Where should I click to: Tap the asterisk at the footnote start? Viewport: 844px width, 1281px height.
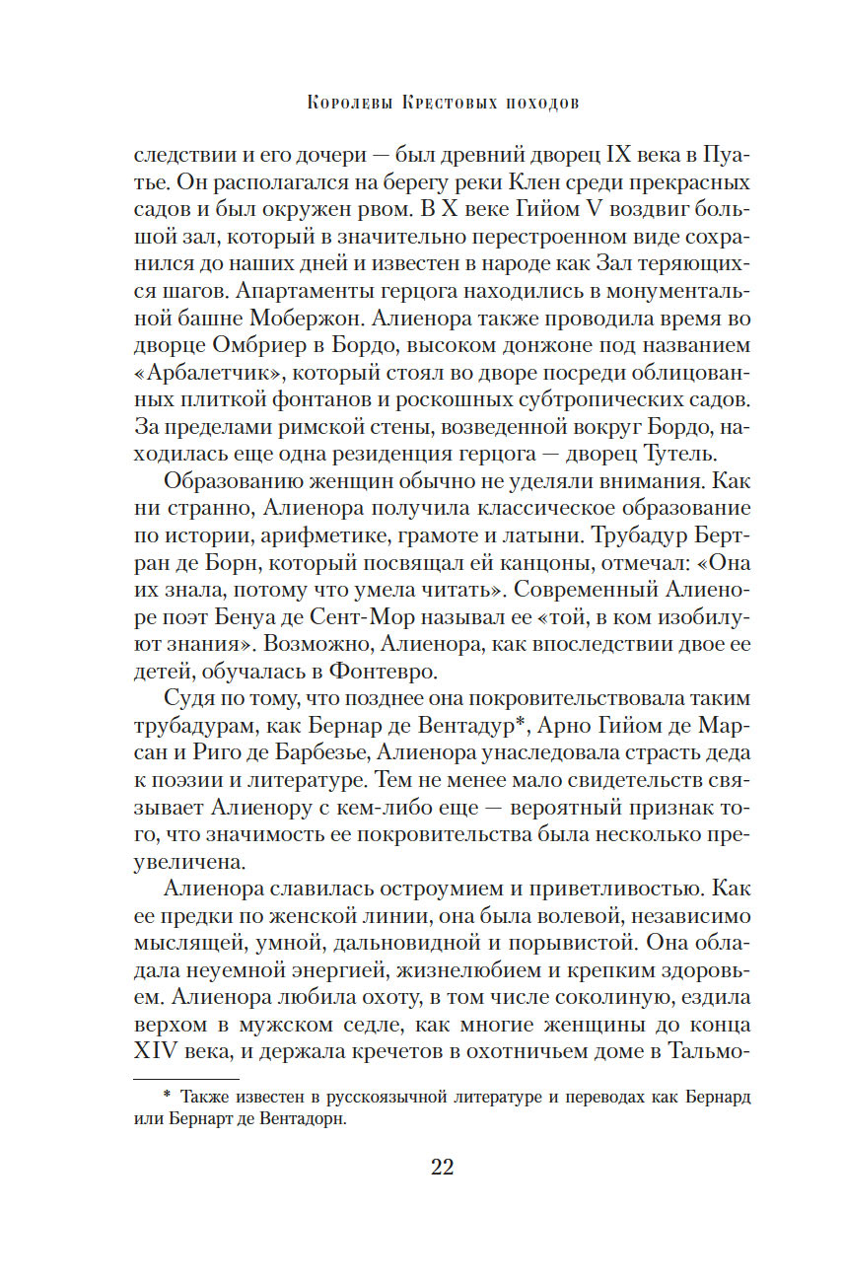(x=166, y=1094)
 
